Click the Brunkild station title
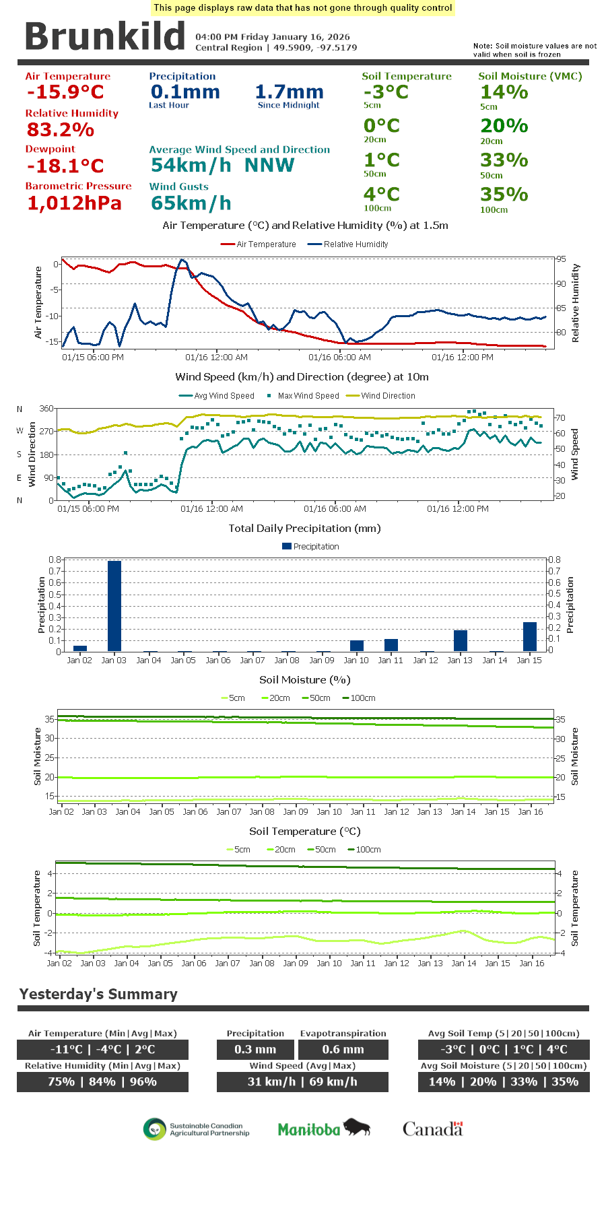[x=104, y=36]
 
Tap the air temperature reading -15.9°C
[x=65, y=92]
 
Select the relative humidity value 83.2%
[x=60, y=129]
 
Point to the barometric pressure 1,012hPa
[x=74, y=203]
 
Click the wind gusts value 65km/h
[x=191, y=203]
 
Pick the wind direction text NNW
[x=269, y=165]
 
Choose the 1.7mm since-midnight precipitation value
[x=289, y=92]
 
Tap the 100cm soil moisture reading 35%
[x=504, y=195]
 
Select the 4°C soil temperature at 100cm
[x=382, y=195]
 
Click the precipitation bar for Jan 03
[x=114, y=605]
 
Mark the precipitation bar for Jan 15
[x=530, y=636]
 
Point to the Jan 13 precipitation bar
[x=461, y=640]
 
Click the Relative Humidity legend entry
[x=347, y=244]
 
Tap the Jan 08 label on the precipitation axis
[x=287, y=661]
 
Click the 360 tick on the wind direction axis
[x=46, y=409]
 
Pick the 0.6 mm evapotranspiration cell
[x=343, y=1049]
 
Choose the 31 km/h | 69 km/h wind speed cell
[x=302, y=1081]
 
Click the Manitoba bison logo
[x=324, y=1129]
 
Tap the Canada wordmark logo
[x=433, y=1129]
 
